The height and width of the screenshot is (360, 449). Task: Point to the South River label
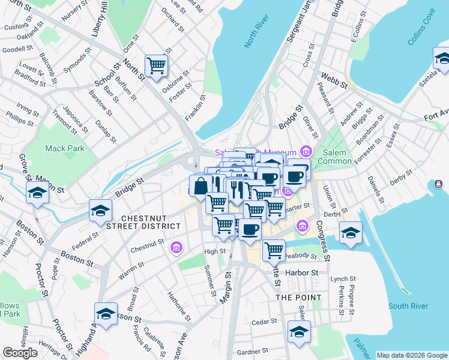408,306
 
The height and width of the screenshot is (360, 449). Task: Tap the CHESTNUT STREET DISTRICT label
151,221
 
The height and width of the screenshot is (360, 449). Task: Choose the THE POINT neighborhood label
298,297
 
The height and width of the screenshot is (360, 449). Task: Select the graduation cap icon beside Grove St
37,193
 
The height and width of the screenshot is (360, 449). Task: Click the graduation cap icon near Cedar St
299,331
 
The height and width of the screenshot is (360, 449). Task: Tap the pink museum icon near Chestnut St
176,247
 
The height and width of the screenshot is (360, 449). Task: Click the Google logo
20,353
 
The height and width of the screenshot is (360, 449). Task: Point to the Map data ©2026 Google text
412,355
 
